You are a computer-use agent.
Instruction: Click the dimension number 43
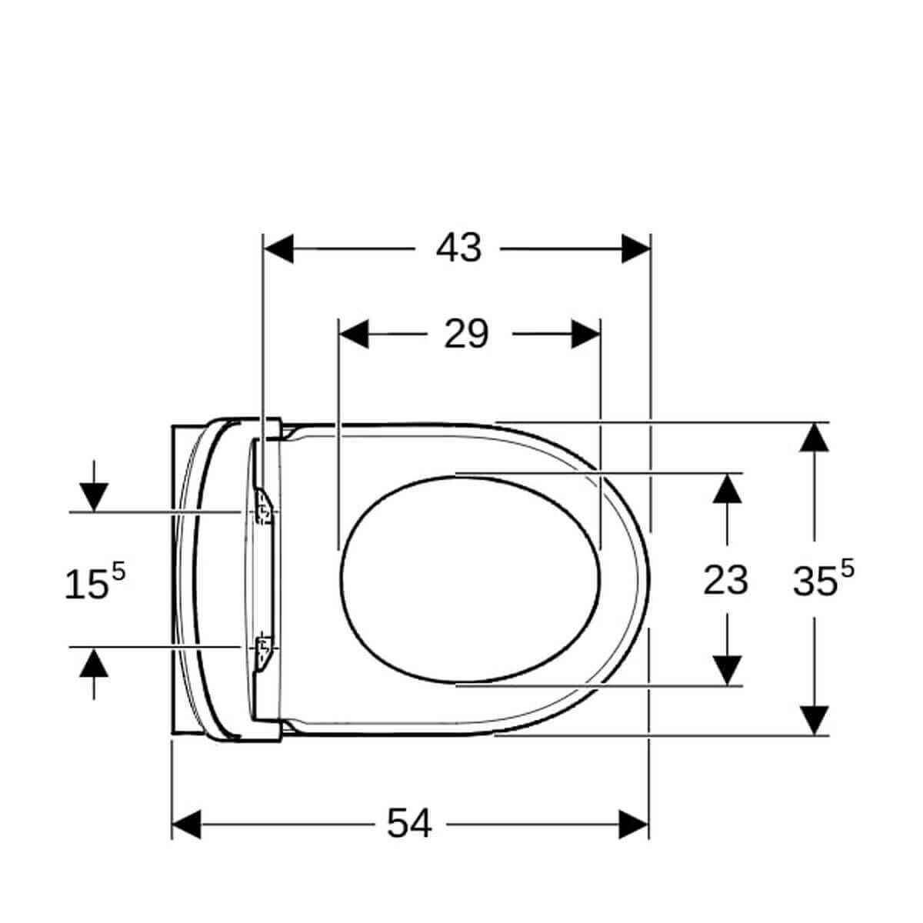point(458,248)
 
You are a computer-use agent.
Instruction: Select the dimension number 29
point(466,335)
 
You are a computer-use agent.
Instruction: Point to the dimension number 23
point(725,580)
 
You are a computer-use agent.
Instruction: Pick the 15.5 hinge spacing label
point(94,582)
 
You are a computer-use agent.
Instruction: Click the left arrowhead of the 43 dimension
point(278,248)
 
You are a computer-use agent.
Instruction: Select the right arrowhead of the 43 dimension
point(636,248)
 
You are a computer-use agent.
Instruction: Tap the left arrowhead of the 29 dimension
point(354,335)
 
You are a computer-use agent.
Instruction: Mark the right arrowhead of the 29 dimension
point(585,335)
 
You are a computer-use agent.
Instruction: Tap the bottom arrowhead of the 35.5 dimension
point(815,720)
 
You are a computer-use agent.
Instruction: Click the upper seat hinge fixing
point(264,508)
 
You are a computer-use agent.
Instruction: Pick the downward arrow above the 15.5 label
point(94,497)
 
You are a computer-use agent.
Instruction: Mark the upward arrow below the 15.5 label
point(94,662)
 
